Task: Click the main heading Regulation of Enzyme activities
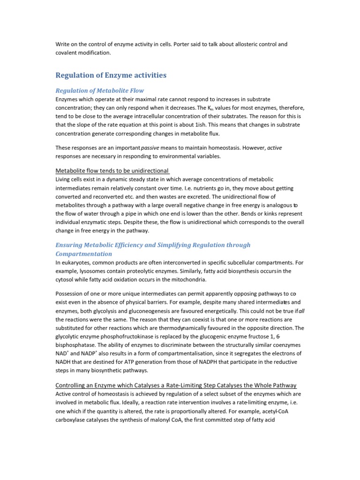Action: coord(111,75)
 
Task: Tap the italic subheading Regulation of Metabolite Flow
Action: coord(100,90)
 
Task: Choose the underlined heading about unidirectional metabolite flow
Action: coord(112,171)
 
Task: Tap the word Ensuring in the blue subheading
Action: coord(71,245)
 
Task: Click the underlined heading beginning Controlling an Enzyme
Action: coord(176,385)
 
